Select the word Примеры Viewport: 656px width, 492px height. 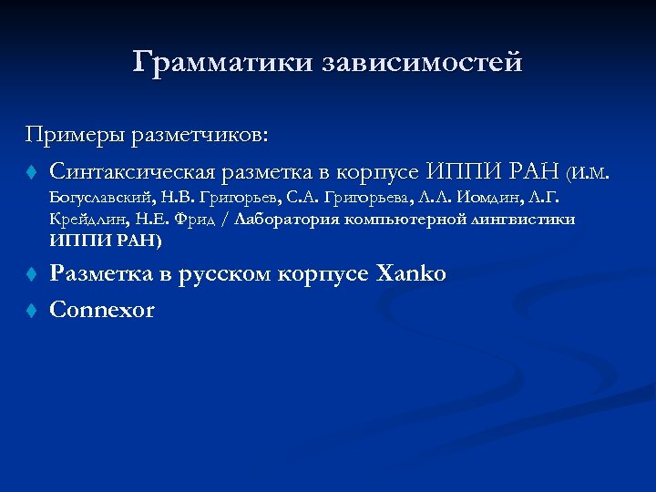(76, 136)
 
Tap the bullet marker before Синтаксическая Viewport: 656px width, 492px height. (30, 172)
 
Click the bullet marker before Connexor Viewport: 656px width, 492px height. (30, 311)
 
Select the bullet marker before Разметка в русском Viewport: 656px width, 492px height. (30, 274)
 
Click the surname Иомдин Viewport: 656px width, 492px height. (492, 197)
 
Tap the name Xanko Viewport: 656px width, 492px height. (411, 273)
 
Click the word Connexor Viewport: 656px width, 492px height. (102, 310)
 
